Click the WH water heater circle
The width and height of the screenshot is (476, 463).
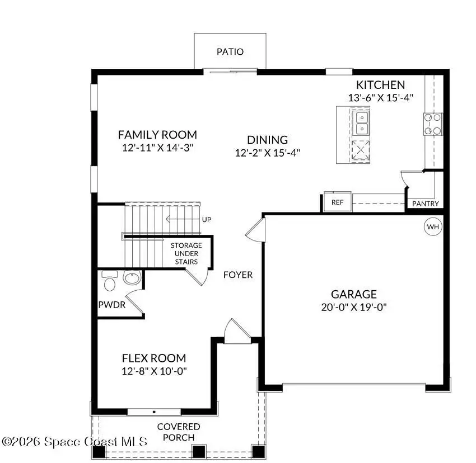(432, 227)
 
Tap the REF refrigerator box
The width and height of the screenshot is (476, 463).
(337, 202)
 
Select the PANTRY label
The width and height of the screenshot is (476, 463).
(425, 204)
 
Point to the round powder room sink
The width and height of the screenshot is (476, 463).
(132, 278)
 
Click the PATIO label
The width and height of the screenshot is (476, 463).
(230, 52)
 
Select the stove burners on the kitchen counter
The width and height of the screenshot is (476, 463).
(432, 124)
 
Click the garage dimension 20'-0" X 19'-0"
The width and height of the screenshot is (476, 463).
(353, 306)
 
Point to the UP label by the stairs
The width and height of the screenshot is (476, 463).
(207, 219)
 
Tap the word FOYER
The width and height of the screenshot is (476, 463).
(238, 275)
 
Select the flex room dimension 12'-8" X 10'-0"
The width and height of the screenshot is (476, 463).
(154, 371)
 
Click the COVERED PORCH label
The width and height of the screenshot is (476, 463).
(178, 432)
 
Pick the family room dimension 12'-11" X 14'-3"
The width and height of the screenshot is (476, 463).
(157, 148)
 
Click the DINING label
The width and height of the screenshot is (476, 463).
(268, 140)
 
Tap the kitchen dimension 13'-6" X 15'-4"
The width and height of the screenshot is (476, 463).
(380, 97)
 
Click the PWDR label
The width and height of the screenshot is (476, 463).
(111, 305)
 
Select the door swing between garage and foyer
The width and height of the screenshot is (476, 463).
(254, 229)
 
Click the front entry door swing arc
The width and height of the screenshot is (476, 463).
(234, 330)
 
